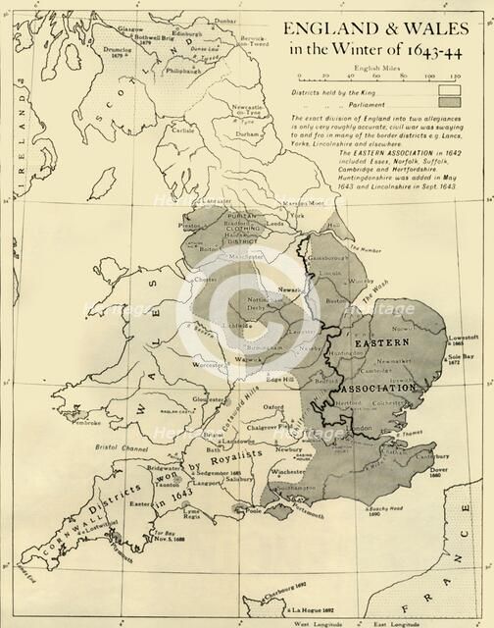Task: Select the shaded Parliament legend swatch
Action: (x=450, y=102)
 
